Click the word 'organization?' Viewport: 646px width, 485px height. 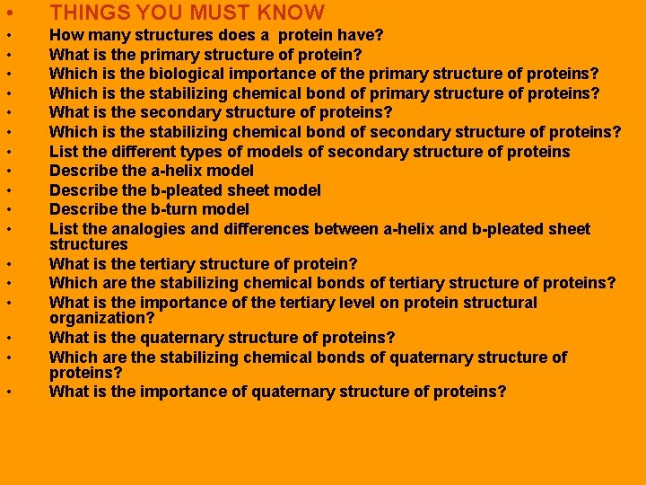pos(101,318)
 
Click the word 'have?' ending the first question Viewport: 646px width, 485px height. pos(362,35)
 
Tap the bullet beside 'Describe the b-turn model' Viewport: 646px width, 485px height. pos(8,210)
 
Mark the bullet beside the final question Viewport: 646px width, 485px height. pos(8,392)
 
